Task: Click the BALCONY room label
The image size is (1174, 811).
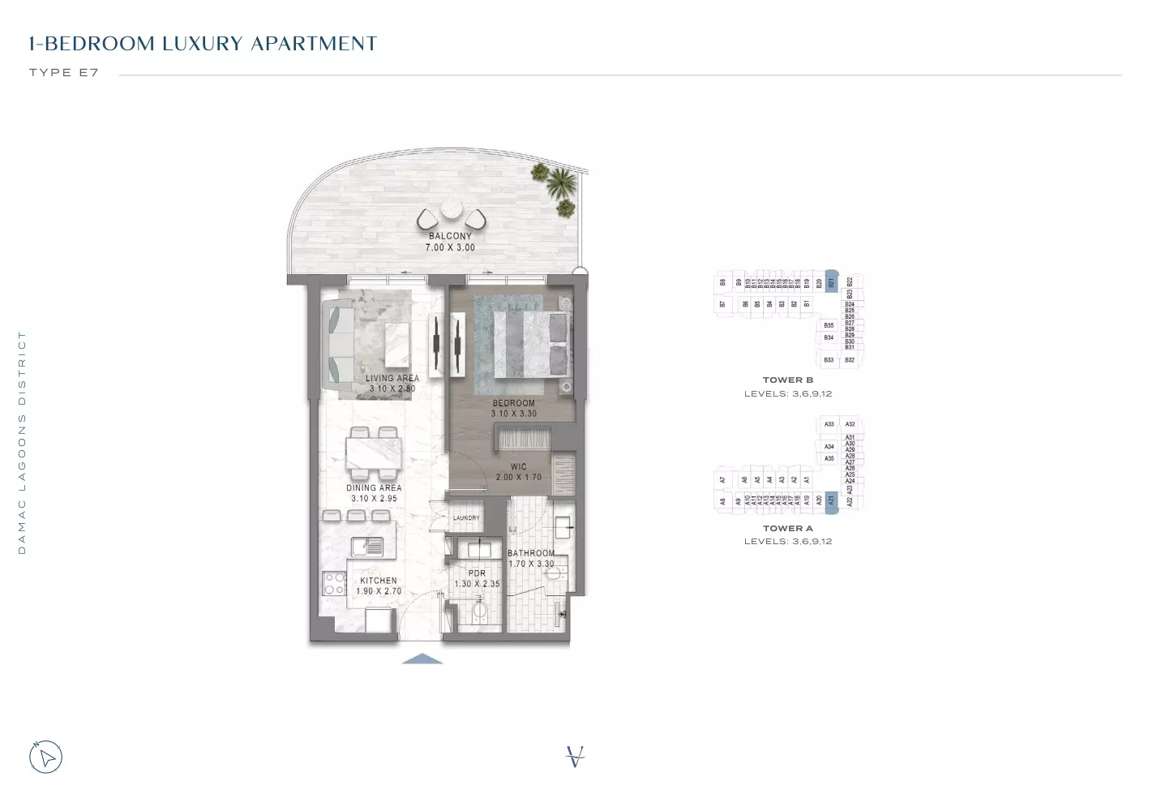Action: pos(450,236)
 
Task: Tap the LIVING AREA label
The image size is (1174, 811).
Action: pos(392,378)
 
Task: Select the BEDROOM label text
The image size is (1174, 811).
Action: pos(513,403)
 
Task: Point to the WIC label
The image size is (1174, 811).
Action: pos(519,467)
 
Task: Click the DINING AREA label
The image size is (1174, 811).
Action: pos(374,488)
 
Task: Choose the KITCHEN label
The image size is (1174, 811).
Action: pos(379,581)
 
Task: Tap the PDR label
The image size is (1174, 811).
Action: pos(477,573)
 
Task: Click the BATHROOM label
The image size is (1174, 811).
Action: pos(531,553)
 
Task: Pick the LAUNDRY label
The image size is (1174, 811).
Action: pos(466,517)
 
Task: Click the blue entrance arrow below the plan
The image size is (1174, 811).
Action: pos(422,659)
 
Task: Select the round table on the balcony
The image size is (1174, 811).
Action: pos(451,212)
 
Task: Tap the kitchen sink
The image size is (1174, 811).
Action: pos(367,547)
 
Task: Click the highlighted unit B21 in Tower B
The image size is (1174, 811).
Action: pos(831,281)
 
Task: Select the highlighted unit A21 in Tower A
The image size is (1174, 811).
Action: pos(831,500)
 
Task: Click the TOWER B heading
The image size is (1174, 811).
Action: pos(787,380)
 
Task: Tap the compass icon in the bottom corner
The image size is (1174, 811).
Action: pos(46,757)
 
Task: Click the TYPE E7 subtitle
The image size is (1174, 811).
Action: pos(64,72)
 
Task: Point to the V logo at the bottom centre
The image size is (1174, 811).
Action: pos(575,757)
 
